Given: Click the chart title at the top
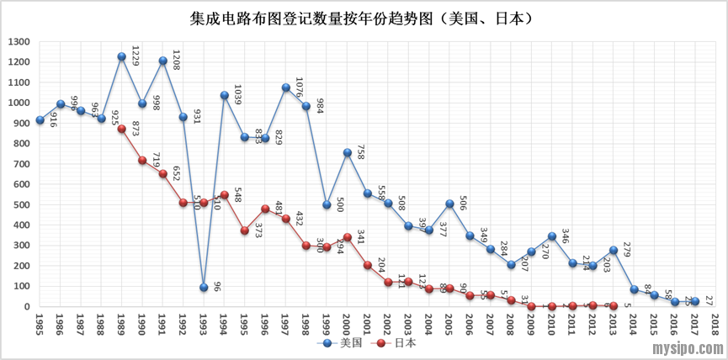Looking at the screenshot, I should pos(364,17).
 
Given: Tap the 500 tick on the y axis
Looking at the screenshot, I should pos(22,205).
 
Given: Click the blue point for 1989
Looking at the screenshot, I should pos(122,57).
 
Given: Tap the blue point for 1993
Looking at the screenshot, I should pos(204,288).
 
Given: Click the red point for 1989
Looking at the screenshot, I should pos(122,130).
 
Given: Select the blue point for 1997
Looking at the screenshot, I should pos(286,87).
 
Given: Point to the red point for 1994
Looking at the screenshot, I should pos(224,195).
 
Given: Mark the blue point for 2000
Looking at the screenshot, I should pos(347,153).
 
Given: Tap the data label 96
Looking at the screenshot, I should pos(216,286).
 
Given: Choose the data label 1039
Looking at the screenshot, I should pos(238,95).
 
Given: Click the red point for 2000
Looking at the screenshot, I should pos(347,237).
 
